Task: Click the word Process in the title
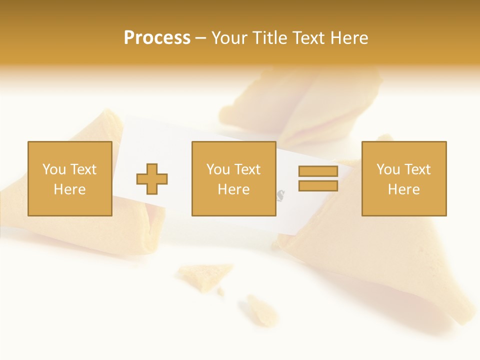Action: (157, 38)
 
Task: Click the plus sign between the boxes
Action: (152, 179)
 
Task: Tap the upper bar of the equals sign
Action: (318, 171)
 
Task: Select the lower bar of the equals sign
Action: (318, 186)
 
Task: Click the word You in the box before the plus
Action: (54, 169)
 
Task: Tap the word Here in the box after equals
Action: (404, 189)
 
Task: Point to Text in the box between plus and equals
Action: (247, 169)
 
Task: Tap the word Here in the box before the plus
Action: (70, 189)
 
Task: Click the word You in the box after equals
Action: (388, 169)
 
